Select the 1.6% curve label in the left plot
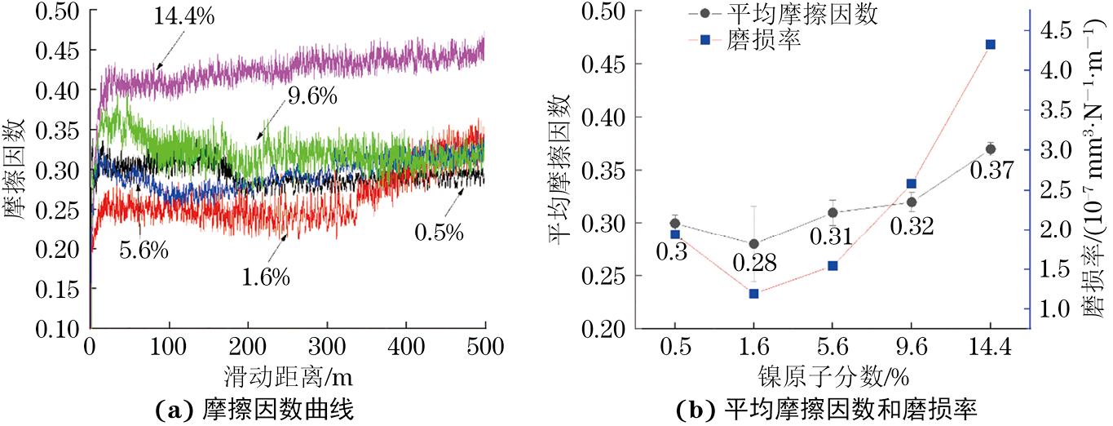coord(266,277)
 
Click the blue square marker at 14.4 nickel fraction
coord(990,44)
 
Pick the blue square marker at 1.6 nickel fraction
coord(753,293)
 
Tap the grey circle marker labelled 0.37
coord(990,149)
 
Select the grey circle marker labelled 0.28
coord(753,244)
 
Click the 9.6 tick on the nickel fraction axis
coord(912,346)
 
